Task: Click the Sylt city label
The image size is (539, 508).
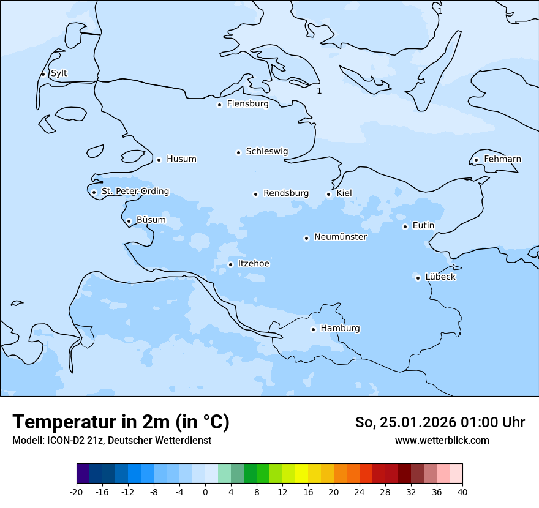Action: pos(59,73)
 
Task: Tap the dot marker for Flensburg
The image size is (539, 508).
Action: pos(219,105)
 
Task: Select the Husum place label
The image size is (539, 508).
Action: pos(181,159)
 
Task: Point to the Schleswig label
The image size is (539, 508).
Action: pos(266,151)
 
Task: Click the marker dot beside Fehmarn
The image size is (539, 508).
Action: pos(476,160)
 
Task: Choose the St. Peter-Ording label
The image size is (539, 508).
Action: pos(135,192)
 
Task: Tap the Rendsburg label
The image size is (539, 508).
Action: pos(286,193)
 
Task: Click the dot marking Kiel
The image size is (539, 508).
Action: pos(329,195)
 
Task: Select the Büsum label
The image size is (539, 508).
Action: pos(151,220)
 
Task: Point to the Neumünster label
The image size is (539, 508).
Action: pos(340,237)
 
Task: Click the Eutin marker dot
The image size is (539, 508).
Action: pos(405,227)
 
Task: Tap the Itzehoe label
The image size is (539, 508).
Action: pos(254,264)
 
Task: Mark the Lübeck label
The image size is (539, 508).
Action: pos(440,277)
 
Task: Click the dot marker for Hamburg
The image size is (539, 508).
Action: pos(313,329)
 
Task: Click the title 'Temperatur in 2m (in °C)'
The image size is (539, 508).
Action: pos(121,422)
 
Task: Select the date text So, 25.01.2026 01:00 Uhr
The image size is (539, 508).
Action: pos(440,422)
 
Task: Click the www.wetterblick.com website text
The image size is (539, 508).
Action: pos(442,441)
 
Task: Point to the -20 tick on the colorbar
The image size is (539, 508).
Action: pos(77,492)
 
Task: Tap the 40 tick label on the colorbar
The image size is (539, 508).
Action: pos(462,492)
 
